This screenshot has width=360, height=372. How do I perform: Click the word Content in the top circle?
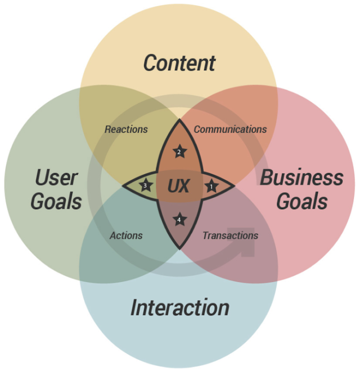click(x=179, y=63)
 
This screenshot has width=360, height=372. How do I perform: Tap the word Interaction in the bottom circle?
click(x=180, y=307)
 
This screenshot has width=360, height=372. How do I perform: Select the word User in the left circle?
click(x=56, y=178)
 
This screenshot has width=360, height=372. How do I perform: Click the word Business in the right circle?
click(x=301, y=178)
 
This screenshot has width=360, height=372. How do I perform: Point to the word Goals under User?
click(x=56, y=201)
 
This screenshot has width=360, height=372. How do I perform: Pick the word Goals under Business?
click(x=302, y=201)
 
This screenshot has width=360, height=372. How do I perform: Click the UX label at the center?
click(x=178, y=186)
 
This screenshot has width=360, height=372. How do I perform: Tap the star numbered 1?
click(x=211, y=186)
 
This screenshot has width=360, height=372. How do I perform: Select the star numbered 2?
click(x=179, y=152)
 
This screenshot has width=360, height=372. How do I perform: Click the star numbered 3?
click(x=145, y=185)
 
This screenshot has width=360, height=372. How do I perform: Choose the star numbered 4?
click(x=179, y=220)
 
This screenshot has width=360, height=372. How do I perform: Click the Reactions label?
click(x=126, y=129)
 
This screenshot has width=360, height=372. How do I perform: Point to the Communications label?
click(x=230, y=129)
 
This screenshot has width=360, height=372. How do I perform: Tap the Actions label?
click(x=126, y=235)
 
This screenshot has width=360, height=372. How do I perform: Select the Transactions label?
click(x=230, y=235)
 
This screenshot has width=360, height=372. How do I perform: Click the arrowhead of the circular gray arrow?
click(x=245, y=242)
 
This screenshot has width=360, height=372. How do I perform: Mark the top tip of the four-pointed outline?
click(x=179, y=119)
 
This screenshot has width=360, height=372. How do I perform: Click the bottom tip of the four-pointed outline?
click(x=179, y=249)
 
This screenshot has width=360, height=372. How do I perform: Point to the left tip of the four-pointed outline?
click(x=122, y=186)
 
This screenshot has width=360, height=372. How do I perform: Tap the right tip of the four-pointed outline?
click(x=235, y=186)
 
